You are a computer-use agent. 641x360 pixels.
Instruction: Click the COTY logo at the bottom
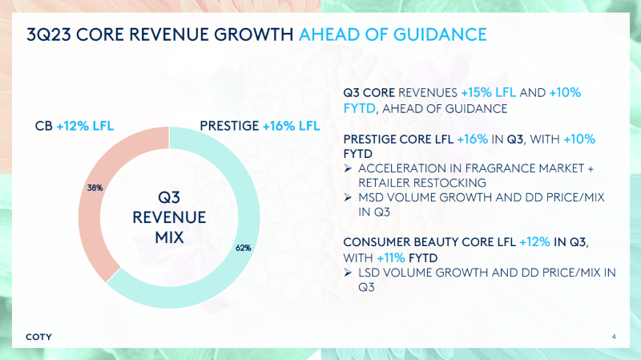(38, 337)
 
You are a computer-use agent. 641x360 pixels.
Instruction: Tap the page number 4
(614, 337)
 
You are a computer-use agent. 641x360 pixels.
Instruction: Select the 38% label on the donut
(95, 188)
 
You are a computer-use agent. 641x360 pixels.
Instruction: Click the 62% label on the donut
(244, 248)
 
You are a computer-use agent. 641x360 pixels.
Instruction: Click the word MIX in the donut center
(169, 237)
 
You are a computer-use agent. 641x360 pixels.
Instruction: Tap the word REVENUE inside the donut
(169, 217)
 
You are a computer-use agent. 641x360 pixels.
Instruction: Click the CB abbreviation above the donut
(44, 126)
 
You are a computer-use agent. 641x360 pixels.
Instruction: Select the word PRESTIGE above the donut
(229, 126)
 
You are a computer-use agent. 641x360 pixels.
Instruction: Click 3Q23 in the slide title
(49, 34)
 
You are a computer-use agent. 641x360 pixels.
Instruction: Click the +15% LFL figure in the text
(489, 92)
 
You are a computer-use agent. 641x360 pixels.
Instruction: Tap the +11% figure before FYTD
(391, 258)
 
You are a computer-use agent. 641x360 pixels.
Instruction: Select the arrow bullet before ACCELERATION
(348, 168)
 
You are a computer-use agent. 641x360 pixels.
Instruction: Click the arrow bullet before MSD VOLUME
(348, 197)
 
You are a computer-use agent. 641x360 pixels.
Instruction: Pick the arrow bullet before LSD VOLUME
(348, 273)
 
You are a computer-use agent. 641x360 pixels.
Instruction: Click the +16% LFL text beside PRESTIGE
(291, 126)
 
